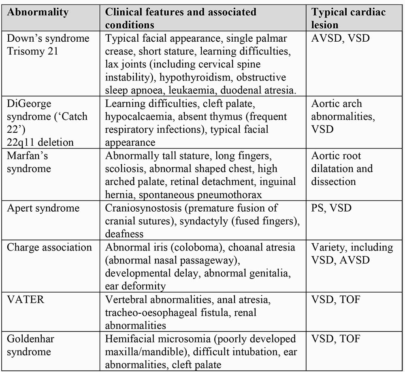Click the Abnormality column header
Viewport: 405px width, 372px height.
38,12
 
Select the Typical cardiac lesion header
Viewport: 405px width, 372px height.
348,18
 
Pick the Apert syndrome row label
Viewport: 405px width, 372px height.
43,208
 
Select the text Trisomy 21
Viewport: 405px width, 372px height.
33,51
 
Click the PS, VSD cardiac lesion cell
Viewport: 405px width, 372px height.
331,208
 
